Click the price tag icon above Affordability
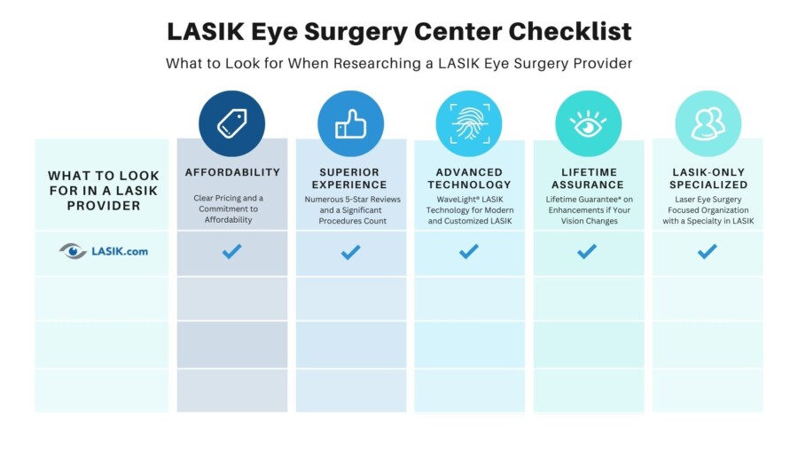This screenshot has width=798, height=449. point(231,124)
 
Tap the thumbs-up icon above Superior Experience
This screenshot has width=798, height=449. point(350,124)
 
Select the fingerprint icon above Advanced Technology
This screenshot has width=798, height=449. point(469,124)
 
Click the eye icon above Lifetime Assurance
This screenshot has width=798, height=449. point(588,124)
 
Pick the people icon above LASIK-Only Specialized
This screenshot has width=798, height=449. point(708,124)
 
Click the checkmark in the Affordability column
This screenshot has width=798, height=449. point(232,252)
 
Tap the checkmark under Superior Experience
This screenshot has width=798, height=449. point(350,252)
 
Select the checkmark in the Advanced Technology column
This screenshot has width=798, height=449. point(469,252)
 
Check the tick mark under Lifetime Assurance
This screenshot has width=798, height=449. point(587,252)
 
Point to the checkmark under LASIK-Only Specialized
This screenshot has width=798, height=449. point(707,252)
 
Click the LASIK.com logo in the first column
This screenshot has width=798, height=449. point(103,251)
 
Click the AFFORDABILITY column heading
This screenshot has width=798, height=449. point(232,172)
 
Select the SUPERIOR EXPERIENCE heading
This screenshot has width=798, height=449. point(350,178)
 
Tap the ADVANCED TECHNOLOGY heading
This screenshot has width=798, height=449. point(469,178)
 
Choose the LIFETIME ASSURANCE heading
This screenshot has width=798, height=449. point(588,178)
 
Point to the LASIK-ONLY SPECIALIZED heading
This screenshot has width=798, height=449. point(708,178)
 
